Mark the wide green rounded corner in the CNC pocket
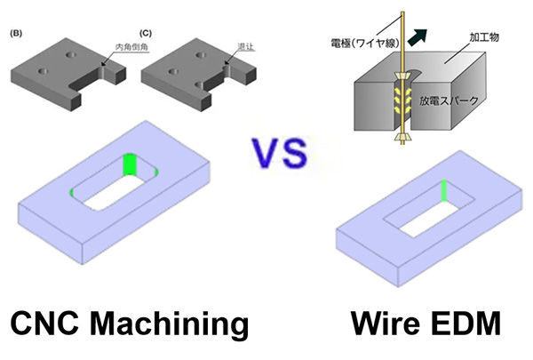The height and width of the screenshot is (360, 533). click(x=130, y=165)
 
